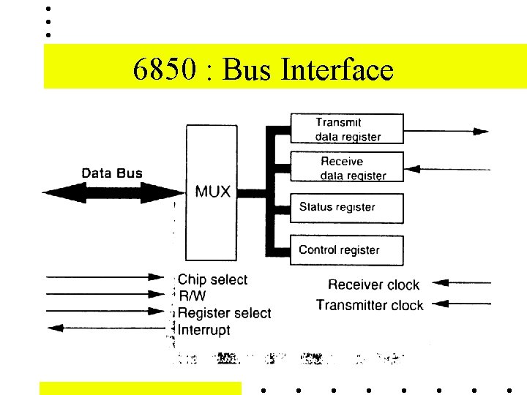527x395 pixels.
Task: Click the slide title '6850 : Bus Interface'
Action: coord(263,70)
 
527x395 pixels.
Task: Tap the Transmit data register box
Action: coord(348,129)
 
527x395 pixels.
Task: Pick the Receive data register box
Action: coord(348,168)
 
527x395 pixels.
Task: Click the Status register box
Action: coord(348,208)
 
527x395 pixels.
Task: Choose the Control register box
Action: coord(348,250)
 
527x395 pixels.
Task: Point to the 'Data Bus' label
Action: coord(112,173)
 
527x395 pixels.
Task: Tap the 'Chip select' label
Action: coord(213,279)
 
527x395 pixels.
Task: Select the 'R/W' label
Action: coord(193,296)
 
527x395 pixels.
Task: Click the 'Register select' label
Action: coord(225,313)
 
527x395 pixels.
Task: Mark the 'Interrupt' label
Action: coord(204,330)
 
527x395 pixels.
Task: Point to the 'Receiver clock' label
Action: coord(373,285)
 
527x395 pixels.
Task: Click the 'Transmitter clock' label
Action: coord(370,304)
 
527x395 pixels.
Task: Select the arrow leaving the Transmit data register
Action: coord(446,132)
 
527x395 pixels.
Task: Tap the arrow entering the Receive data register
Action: coord(446,169)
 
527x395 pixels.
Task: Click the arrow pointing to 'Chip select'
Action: coord(106,277)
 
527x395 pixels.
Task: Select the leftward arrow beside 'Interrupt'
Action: coord(106,327)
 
